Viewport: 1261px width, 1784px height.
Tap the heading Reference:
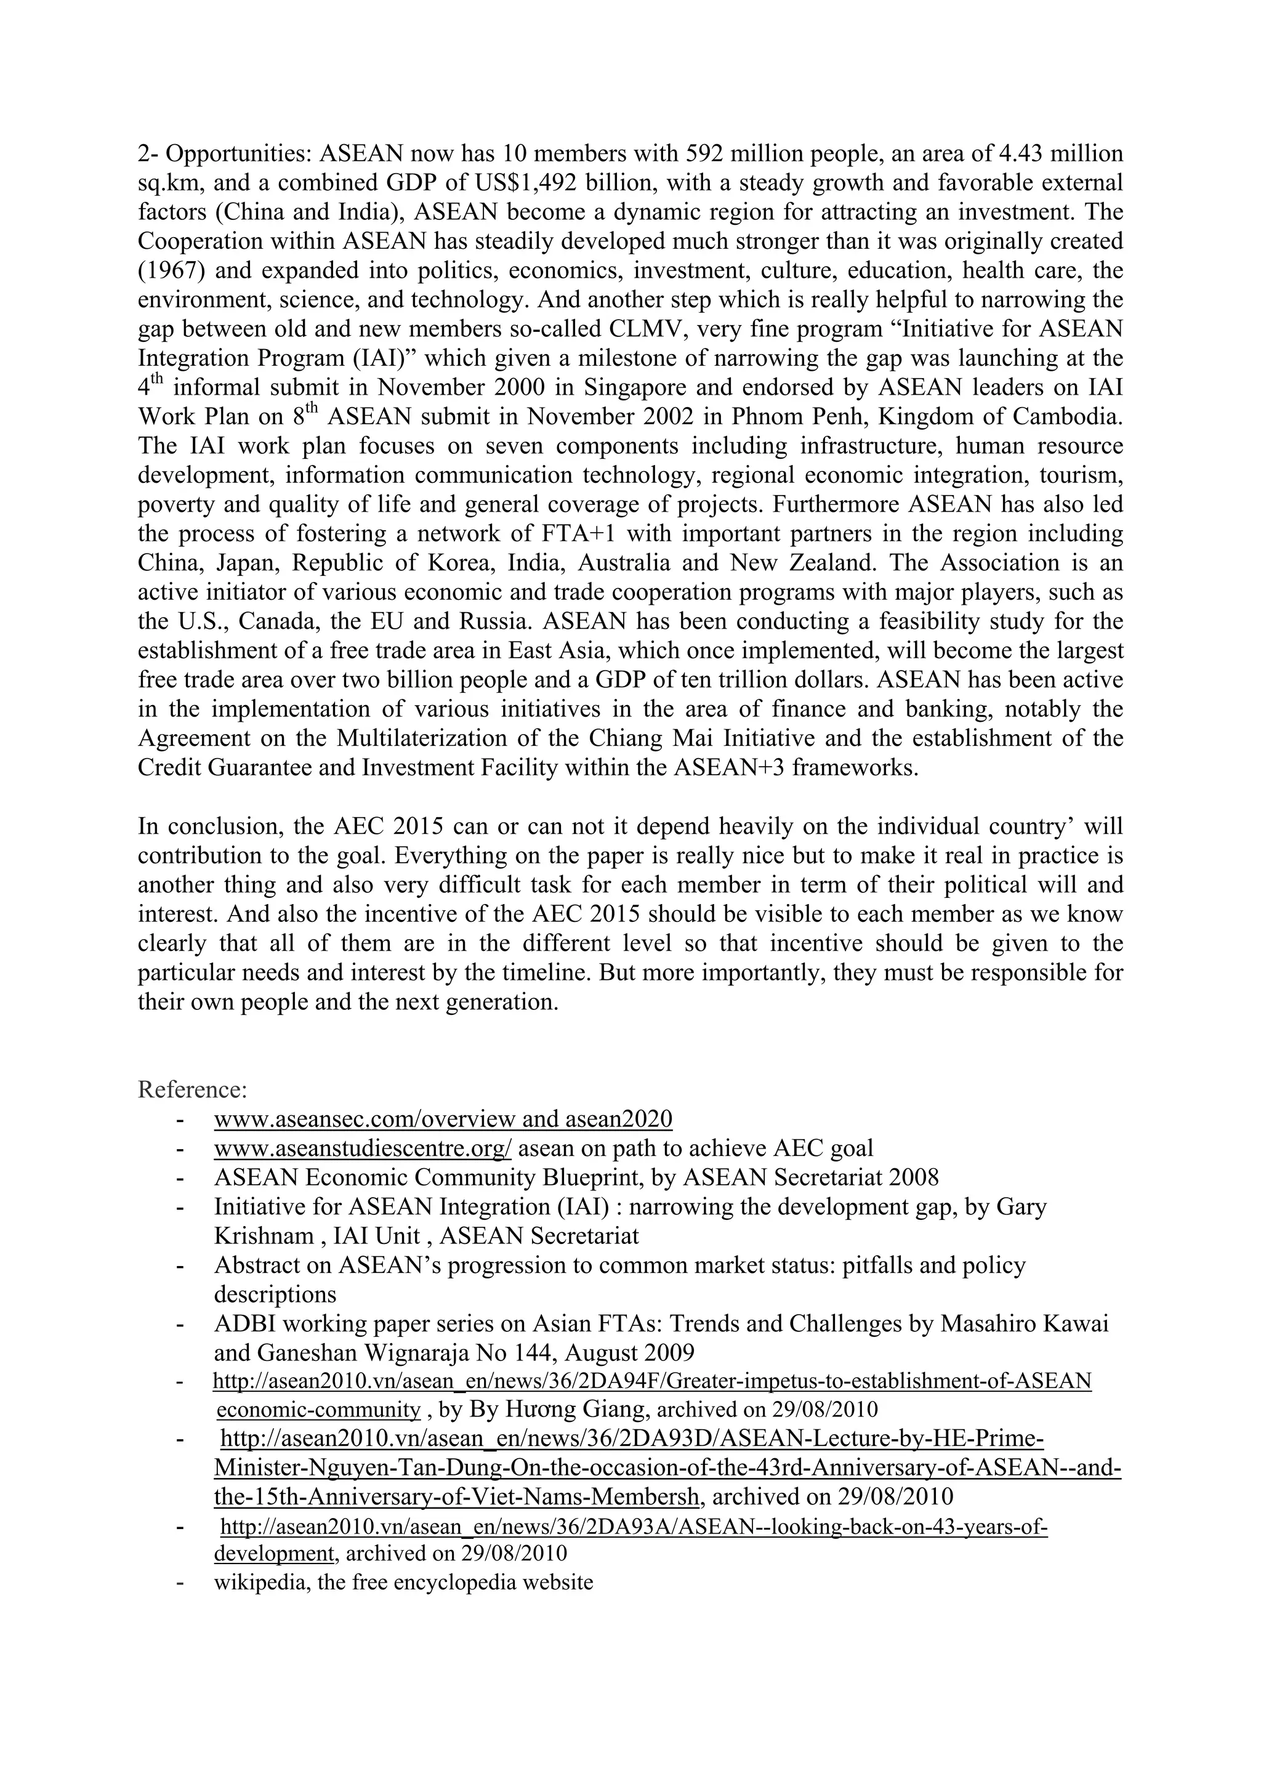(x=192, y=1089)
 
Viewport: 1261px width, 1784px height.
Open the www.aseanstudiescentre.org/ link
(x=362, y=1148)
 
